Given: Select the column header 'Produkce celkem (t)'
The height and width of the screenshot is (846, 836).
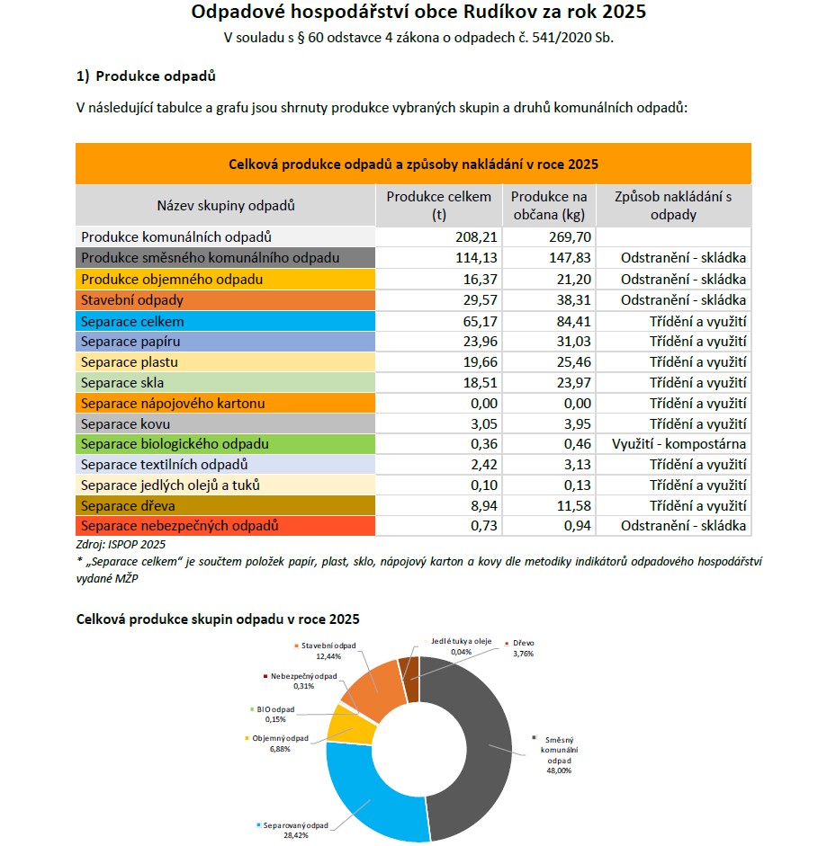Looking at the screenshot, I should click(438, 206).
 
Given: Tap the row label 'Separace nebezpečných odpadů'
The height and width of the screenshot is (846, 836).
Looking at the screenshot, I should click(179, 526).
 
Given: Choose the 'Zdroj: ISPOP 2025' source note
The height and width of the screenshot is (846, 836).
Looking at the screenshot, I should click(121, 544).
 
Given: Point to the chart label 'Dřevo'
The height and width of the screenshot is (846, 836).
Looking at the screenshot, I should click(523, 644).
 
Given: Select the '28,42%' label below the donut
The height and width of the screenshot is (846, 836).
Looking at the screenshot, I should click(292, 835).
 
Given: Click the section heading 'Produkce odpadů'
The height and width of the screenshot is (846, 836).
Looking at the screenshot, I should click(155, 76).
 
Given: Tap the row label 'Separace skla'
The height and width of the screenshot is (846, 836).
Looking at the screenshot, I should click(122, 382).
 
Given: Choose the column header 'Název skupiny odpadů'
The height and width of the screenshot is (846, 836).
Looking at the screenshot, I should click(226, 206).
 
